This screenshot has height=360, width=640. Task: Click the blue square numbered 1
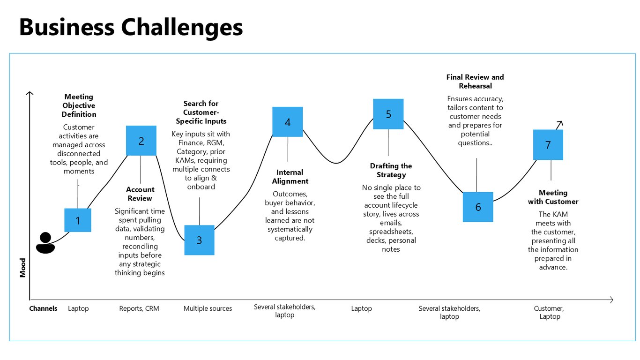pos(78,220)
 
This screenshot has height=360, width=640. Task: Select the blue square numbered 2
pos(141,141)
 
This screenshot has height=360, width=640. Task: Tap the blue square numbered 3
pos(199,240)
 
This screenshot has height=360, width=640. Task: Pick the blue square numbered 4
pos(287,122)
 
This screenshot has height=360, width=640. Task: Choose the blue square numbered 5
pos(388,114)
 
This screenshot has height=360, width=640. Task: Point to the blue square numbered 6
pos(478,207)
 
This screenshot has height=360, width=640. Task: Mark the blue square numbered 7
pos(548,145)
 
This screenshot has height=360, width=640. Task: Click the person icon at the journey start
pos(45,243)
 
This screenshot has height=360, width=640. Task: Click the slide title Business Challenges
pos(131,28)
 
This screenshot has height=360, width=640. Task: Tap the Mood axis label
pos(22,268)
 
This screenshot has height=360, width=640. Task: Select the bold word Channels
pos(43,308)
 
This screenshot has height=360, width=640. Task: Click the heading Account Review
pos(140,194)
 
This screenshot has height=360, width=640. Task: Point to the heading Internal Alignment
pos(290,177)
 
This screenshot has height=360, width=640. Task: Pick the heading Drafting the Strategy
pos(391,171)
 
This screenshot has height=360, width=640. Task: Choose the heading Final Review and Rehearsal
pos(475,82)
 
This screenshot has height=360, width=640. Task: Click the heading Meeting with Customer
pos(553,197)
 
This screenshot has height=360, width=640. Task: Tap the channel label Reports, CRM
pos(139,308)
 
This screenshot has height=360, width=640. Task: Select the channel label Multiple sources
pos(208,308)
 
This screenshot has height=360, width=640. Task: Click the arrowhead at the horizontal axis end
pos(611,300)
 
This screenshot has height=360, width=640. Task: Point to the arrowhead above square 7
pos(560,123)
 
